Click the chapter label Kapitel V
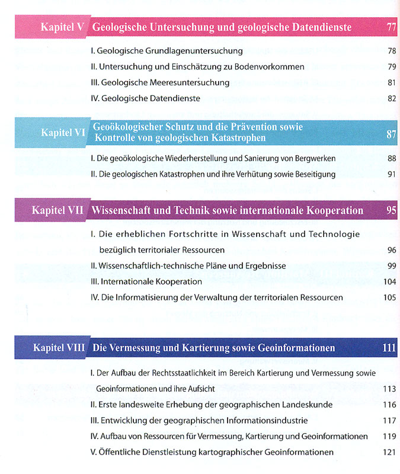62,27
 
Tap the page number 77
391,27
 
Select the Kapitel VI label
63,133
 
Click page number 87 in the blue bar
391,134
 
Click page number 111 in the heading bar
389,348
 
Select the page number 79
391,67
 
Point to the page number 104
389,281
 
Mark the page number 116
389,405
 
